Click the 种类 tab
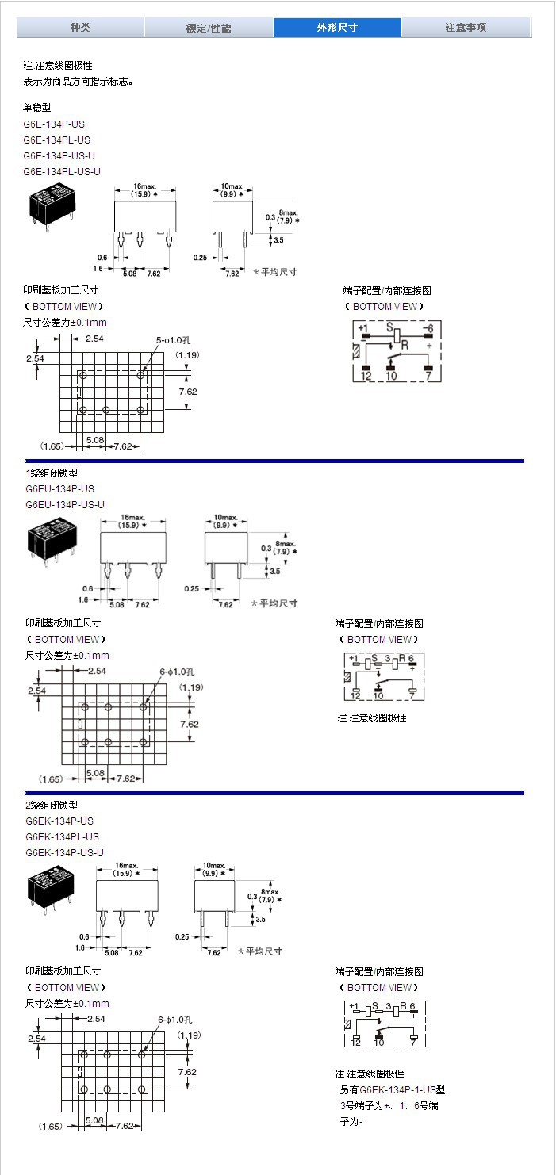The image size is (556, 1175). pos(80,28)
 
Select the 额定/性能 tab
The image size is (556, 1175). pos(209,28)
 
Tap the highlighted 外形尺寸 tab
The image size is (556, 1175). pos(337,28)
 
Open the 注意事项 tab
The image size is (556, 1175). pos(466,28)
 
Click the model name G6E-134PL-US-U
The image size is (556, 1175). pos(62,171)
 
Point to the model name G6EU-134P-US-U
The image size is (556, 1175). pos(65,504)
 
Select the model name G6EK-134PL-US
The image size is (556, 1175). pos(62,836)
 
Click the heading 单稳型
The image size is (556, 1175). pos(36,107)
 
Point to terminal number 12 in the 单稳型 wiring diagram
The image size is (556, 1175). pos(366,377)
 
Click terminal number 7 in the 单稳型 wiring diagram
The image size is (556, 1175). pos(428,377)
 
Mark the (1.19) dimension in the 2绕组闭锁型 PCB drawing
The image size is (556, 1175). pos(190,1035)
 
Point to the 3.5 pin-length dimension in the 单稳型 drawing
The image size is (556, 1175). pos(278,239)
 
